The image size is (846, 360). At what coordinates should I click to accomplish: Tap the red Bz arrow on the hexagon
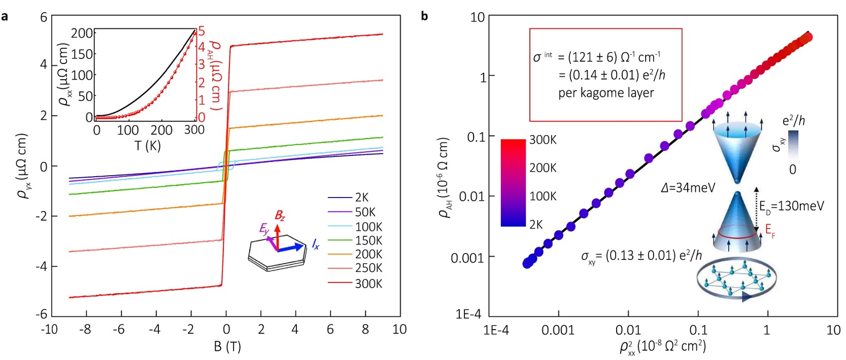278,235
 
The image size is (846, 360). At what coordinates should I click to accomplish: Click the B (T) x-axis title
227,347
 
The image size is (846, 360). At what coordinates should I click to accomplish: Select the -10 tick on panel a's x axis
49,330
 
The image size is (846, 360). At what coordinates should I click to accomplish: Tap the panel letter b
424,16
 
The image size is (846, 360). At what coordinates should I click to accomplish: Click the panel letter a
5,16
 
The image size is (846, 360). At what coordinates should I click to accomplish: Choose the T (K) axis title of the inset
147,146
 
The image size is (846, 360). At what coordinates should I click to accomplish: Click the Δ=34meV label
688,188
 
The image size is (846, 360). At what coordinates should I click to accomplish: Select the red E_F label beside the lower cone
770,231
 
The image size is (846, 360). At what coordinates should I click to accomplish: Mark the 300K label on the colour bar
543,140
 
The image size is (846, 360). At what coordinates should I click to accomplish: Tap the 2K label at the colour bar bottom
536,224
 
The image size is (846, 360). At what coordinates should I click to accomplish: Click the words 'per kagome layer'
606,93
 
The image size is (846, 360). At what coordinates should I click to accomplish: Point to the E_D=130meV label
791,206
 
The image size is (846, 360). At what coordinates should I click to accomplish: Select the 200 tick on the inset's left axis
82,34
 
